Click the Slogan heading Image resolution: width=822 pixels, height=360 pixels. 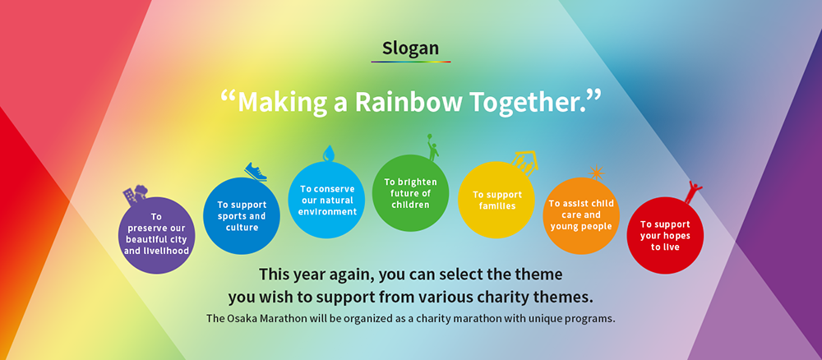(410, 48)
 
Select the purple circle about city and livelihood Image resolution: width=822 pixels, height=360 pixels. (156, 235)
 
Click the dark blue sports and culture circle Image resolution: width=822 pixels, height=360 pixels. (242, 216)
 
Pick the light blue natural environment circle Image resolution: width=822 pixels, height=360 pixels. (326, 200)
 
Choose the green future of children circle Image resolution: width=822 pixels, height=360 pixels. (410, 193)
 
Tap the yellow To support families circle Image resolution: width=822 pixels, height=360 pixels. (496, 200)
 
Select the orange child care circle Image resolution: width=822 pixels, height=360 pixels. (581, 216)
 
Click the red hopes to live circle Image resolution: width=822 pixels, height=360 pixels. (665, 235)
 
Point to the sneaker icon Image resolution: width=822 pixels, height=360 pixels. (256, 171)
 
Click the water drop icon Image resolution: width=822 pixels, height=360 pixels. (328, 153)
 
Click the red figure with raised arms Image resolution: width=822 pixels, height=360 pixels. (693, 192)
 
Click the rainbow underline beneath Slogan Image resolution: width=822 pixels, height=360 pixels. (411, 62)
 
